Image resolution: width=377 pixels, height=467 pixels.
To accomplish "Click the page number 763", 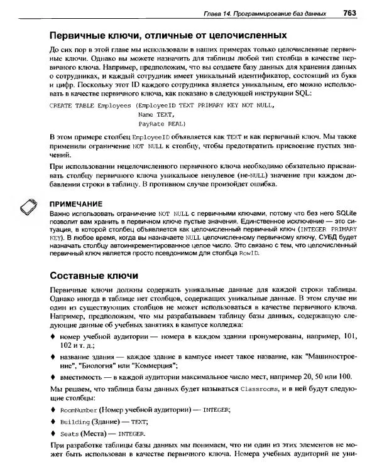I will (350, 13).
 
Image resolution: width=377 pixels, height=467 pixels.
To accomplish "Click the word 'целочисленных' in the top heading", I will (245, 35).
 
